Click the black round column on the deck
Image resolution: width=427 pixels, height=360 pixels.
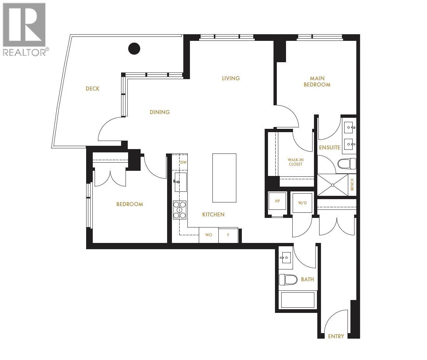click(x=134, y=48)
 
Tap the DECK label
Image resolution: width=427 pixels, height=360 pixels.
click(x=92, y=89)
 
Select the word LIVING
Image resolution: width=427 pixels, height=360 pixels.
click(x=231, y=78)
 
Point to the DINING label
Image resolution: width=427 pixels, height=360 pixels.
click(x=160, y=112)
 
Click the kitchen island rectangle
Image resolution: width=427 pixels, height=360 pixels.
click(x=224, y=178)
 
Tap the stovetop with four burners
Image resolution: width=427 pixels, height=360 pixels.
click(x=180, y=210)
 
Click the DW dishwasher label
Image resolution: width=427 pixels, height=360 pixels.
click(x=183, y=162)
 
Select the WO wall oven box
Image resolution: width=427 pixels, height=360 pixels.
click(x=209, y=235)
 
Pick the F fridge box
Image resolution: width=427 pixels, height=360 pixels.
click(x=228, y=235)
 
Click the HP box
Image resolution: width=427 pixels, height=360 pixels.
click(x=278, y=201)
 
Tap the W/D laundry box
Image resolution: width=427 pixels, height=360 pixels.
click(x=302, y=202)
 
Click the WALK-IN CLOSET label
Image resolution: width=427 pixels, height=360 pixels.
click(x=296, y=162)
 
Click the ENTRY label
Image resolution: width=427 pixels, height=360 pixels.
click(x=336, y=336)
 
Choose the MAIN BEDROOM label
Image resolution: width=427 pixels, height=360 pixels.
click(x=317, y=81)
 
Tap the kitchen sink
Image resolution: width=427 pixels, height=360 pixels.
click(x=180, y=182)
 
